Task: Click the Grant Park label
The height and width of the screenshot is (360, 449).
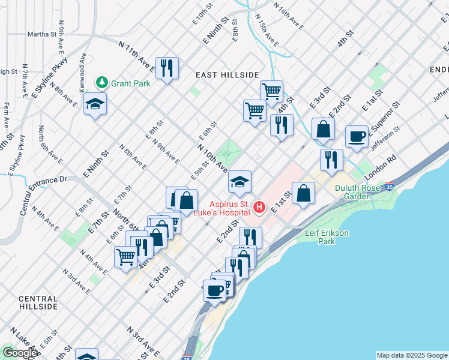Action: click(x=131, y=83)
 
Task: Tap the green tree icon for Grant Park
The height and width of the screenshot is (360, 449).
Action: click(x=103, y=83)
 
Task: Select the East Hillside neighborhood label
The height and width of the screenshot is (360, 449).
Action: click(x=227, y=74)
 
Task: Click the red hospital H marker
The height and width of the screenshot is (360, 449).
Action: click(x=259, y=207)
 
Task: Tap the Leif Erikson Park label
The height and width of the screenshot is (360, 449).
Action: click(x=327, y=236)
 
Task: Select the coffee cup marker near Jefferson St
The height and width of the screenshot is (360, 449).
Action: click(x=357, y=136)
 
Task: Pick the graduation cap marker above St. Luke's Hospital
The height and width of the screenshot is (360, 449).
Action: click(x=240, y=182)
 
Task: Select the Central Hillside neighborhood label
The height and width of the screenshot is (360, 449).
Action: click(x=38, y=302)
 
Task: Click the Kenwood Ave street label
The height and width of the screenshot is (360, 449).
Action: click(x=83, y=71)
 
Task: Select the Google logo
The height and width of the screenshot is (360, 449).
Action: click(x=20, y=353)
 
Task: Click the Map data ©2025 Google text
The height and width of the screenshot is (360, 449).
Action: click(x=411, y=355)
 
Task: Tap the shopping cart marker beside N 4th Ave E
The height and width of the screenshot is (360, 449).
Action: click(x=125, y=257)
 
